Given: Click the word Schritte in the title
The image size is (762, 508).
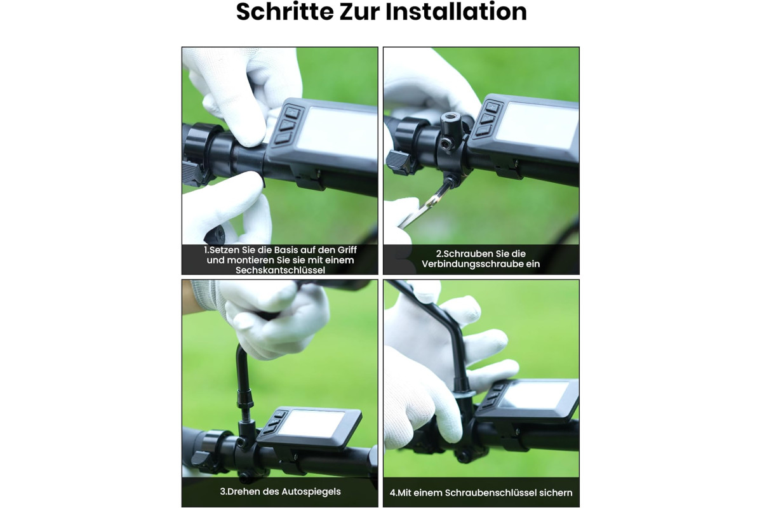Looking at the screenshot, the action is [284, 11].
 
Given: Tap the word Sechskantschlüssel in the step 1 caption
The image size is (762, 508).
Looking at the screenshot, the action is [280, 270].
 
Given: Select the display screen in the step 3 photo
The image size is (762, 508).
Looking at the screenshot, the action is [312, 424].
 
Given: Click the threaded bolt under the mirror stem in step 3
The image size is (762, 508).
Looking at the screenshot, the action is [245, 414].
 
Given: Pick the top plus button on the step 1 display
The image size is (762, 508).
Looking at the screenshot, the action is [292, 112].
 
